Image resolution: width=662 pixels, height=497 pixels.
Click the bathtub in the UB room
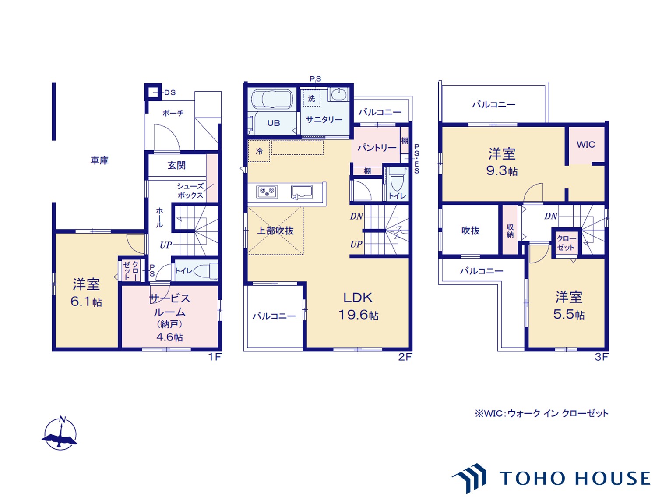272,99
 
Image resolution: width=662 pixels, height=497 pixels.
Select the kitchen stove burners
267,192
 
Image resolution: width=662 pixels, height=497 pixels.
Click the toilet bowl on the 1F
205,270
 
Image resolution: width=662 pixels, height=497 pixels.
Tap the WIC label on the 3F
586,145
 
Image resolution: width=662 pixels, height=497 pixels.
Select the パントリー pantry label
377,148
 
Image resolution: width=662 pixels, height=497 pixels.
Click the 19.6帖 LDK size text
358,315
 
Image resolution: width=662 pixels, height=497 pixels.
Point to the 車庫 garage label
99,160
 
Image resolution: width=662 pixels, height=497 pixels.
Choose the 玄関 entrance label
176,165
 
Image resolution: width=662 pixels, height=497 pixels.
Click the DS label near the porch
170,92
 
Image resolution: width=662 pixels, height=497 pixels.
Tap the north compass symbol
60,433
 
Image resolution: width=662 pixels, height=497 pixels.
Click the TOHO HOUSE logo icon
469,478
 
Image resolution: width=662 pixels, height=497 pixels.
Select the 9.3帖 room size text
502,171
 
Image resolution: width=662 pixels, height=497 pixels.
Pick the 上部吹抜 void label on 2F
275,231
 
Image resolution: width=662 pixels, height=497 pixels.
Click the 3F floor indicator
601,357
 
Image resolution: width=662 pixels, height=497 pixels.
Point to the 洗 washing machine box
312,98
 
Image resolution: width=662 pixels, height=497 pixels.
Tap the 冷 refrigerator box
259,151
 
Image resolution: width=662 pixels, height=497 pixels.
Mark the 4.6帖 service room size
169,337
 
